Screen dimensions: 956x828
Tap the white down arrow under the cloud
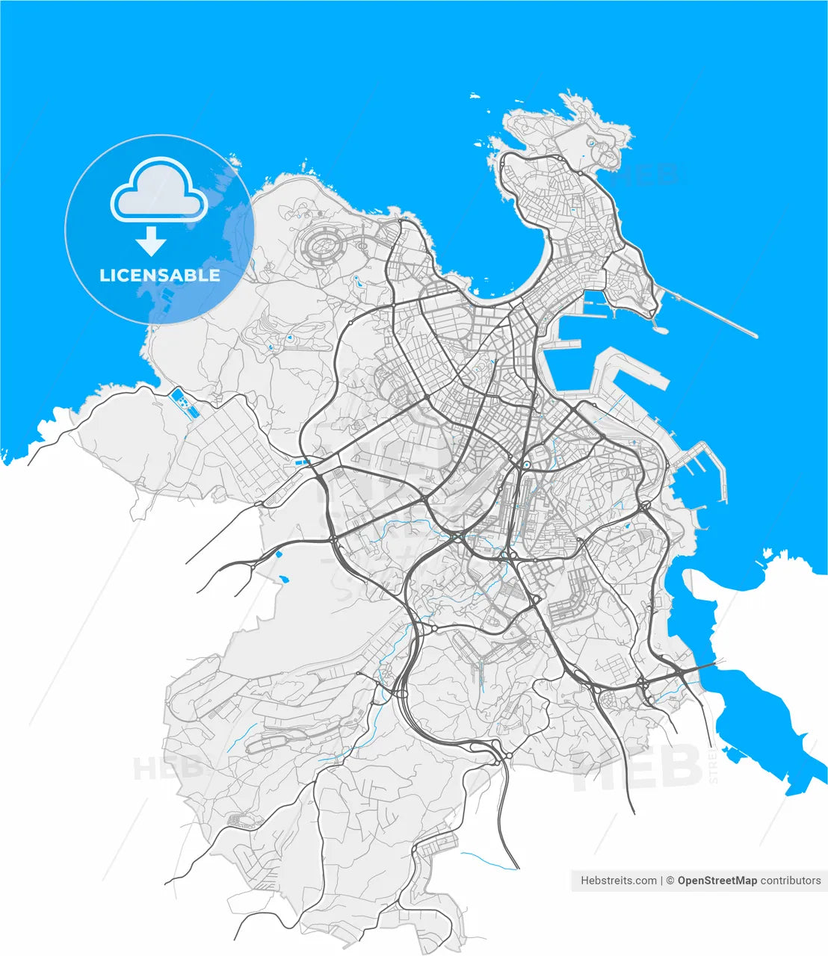[x=152, y=242]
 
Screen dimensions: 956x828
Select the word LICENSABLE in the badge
[x=160, y=275]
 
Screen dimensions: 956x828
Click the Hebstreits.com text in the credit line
[x=619, y=881]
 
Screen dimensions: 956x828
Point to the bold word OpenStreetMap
[x=717, y=881]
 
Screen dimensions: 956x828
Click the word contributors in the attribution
[x=791, y=881]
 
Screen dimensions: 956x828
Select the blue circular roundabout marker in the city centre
[x=526, y=465]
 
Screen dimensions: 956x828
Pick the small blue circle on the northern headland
[x=591, y=141]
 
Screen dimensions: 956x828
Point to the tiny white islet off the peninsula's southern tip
[x=660, y=326]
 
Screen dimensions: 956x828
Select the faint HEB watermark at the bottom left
[x=169, y=767]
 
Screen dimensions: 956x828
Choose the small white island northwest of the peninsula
[x=474, y=96]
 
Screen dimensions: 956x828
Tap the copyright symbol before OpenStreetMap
[x=670, y=881]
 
